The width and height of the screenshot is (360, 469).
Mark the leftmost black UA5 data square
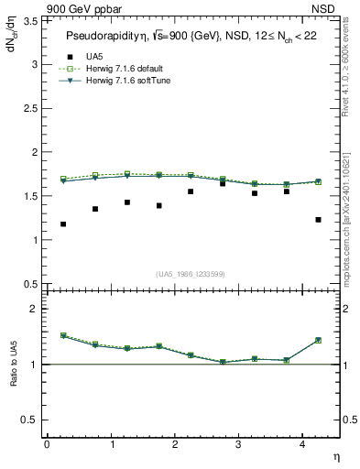pyautogui.click(x=62, y=224)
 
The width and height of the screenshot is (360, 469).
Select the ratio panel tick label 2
pyautogui.click(x=34, y=310)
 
